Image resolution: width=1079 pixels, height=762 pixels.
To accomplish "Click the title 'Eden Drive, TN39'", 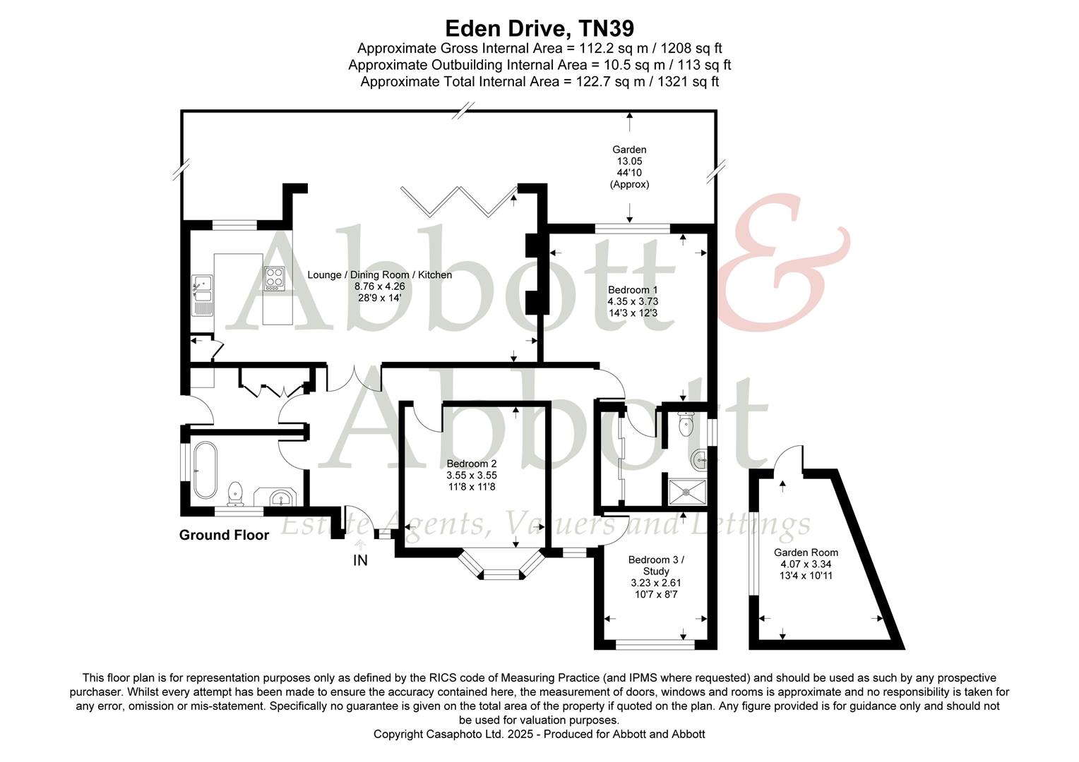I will pyautogui.click(x=539, y=28).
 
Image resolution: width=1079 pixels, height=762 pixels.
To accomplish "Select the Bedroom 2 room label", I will pyautogui.click(x=472, y=464).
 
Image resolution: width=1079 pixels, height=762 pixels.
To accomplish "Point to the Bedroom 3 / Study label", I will pyautogui.click(x=656, y=565).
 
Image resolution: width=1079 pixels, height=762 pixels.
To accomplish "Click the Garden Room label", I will pyautogui.click(x=806, y=552).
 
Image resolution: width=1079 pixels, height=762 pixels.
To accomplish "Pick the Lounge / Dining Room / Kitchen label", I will pyautogui.click(x=379, y=274).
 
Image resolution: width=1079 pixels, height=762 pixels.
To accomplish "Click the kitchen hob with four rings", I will pyautogui.click(x=274, y=278).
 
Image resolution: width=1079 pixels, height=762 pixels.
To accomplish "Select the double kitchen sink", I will pyautogui.click(x=202, y=291).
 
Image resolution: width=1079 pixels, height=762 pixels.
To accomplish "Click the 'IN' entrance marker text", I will pyautogui.click(x=360, y=561).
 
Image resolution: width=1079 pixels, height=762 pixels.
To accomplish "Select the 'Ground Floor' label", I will pyautogui.click(x=224, y=535).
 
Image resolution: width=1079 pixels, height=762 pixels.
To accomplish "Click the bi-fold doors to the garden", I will pyautogui.click(x=458, y=200).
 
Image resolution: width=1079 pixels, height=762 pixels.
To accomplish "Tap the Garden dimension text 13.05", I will pyautogui.click(x=629, y=161).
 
